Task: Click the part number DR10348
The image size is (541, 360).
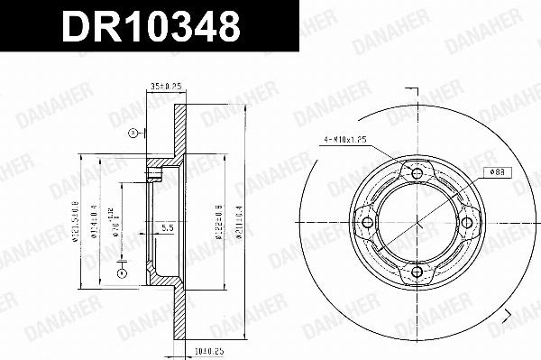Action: click(x=151, y=28)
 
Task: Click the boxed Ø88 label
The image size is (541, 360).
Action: click(x=496, y=171)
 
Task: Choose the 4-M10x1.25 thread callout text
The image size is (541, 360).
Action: click(x=346, y=140)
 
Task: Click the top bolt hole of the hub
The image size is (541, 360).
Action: click(x=417, y=173)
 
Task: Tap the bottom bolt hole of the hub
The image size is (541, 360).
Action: click(x=417, y=272)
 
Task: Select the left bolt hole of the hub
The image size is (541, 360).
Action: click(x=367, y=223)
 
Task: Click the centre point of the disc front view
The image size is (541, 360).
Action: click(x=417, y=223)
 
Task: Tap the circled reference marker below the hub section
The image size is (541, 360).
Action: click(x=124, y=273)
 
